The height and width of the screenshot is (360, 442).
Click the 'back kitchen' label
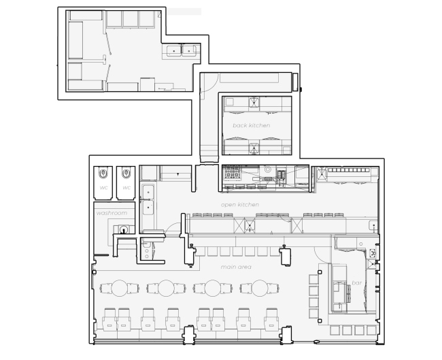point(252,125)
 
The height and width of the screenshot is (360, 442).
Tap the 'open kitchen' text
point(240,205)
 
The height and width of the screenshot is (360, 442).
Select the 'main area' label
point(236,267)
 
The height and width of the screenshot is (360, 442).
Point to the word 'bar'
point(356,282)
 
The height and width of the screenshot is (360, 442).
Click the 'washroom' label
point(112,213)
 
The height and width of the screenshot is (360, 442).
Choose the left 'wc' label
point(104,188)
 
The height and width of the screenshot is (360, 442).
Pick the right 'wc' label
point(126,188)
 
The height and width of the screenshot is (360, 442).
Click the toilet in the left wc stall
point(103,173)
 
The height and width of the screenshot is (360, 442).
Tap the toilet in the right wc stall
point(126,173)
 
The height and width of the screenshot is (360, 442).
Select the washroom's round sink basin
point(124,229)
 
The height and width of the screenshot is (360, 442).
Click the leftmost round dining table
point(119,288)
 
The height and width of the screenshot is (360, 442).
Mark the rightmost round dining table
point(260,288)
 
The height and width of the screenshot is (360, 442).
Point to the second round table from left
point(166,288)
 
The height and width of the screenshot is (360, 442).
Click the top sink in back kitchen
point(254,102)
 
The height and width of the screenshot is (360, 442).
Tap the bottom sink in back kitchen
point(254,148)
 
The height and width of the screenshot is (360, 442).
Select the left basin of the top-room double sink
point(173,51)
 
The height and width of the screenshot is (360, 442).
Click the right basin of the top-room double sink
point(189,51)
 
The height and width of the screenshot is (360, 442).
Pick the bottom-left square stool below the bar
point(335,330)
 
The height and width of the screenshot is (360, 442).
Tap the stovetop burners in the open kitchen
point(232,172)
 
